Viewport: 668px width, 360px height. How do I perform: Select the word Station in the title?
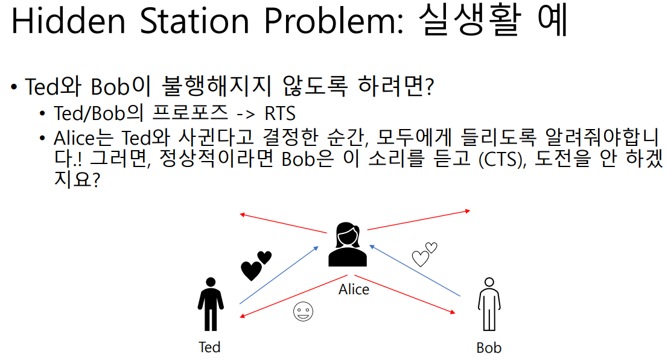[195, 22]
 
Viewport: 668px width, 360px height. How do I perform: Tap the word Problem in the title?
[331, 23]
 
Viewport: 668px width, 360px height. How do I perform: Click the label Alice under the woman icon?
[354, 289]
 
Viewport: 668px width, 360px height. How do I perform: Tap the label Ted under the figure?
[209, 347]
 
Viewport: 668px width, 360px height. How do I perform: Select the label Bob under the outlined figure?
[488, 348]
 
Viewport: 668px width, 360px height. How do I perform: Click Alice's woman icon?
[348, 244]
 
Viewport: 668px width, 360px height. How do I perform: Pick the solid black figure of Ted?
[209, 303]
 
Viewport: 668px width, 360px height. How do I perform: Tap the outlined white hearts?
[424, 254]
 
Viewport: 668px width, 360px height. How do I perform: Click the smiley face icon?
[303, 311]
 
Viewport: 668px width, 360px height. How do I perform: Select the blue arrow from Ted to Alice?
[279, 275]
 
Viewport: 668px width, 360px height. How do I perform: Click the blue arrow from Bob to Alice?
[416, 270]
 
